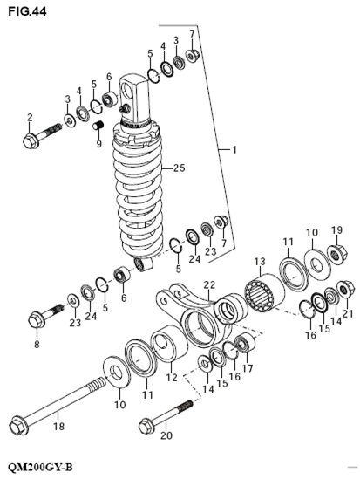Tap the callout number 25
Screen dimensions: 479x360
point(180,168)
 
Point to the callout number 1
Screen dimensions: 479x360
point(233,151)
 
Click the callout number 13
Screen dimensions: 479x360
point(258,262)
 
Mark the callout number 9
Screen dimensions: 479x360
point(98,144)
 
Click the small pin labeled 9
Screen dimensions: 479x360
point(98,127)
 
